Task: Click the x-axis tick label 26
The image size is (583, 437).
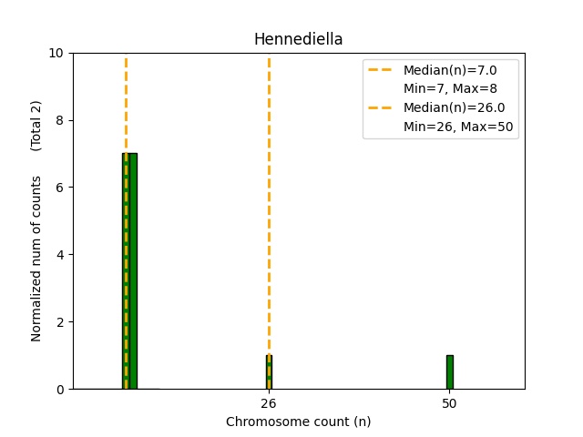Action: [269, 402]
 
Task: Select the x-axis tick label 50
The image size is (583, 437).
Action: [449, 402]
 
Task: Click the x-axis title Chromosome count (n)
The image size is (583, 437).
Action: [298, 422]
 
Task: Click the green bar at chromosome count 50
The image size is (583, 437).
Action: [449, 372]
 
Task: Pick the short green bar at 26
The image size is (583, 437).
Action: [269, 372]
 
